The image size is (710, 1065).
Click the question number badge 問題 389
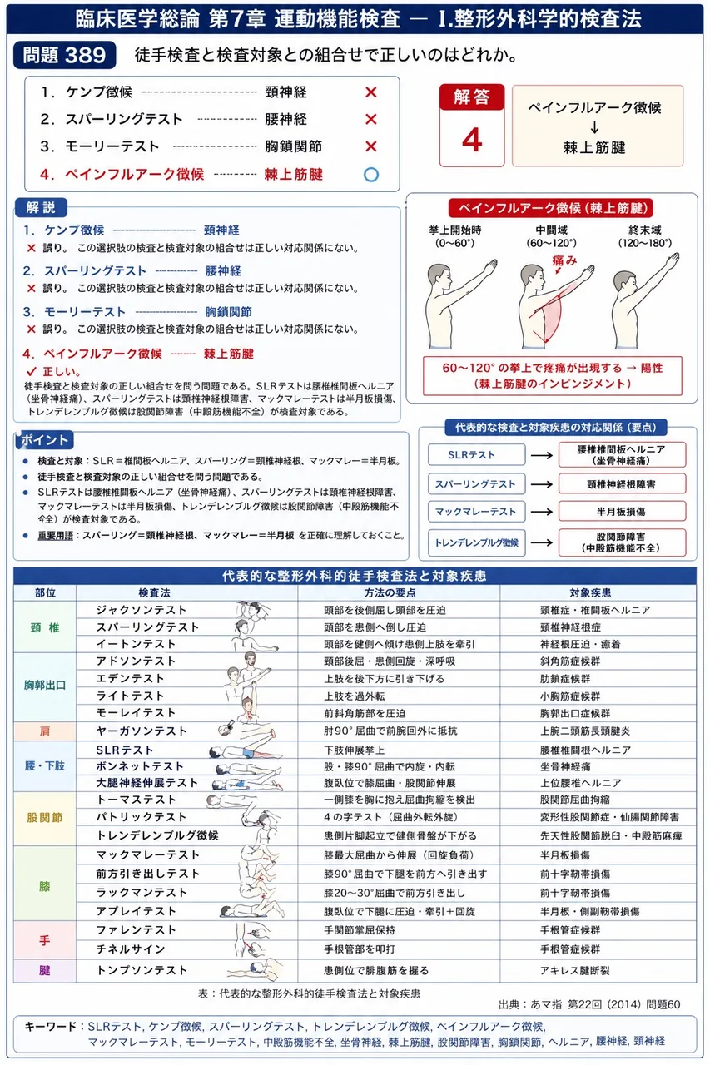click(65, 55)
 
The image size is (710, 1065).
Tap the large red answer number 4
click(472, 140)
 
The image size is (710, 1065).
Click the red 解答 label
click(471, 97)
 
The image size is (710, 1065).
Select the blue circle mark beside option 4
click(371, 175)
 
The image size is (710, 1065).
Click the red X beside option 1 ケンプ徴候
click(371, 92)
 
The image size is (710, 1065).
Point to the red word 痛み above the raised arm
click(564, 260)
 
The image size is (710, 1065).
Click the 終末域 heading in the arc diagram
click(644, 230)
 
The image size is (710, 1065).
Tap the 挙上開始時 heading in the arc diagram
click(454, 230)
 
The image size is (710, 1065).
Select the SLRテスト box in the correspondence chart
click(476, 454)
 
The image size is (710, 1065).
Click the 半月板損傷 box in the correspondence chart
click(622, 511)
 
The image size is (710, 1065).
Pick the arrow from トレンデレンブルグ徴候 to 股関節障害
click(542, 542)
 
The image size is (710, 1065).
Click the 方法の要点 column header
click(390, 592)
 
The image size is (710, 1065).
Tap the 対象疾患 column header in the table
click(590, 592)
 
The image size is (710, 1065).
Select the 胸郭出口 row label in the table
click(45, 685)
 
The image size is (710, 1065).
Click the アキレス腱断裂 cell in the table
click(574, 970)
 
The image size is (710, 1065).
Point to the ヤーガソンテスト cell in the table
click(142, 731)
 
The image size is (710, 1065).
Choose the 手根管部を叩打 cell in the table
click(360, 949)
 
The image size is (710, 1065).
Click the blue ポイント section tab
click(45, 440)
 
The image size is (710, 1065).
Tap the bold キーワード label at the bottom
click(51, 1026)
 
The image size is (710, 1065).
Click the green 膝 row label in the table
click(45, 886)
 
